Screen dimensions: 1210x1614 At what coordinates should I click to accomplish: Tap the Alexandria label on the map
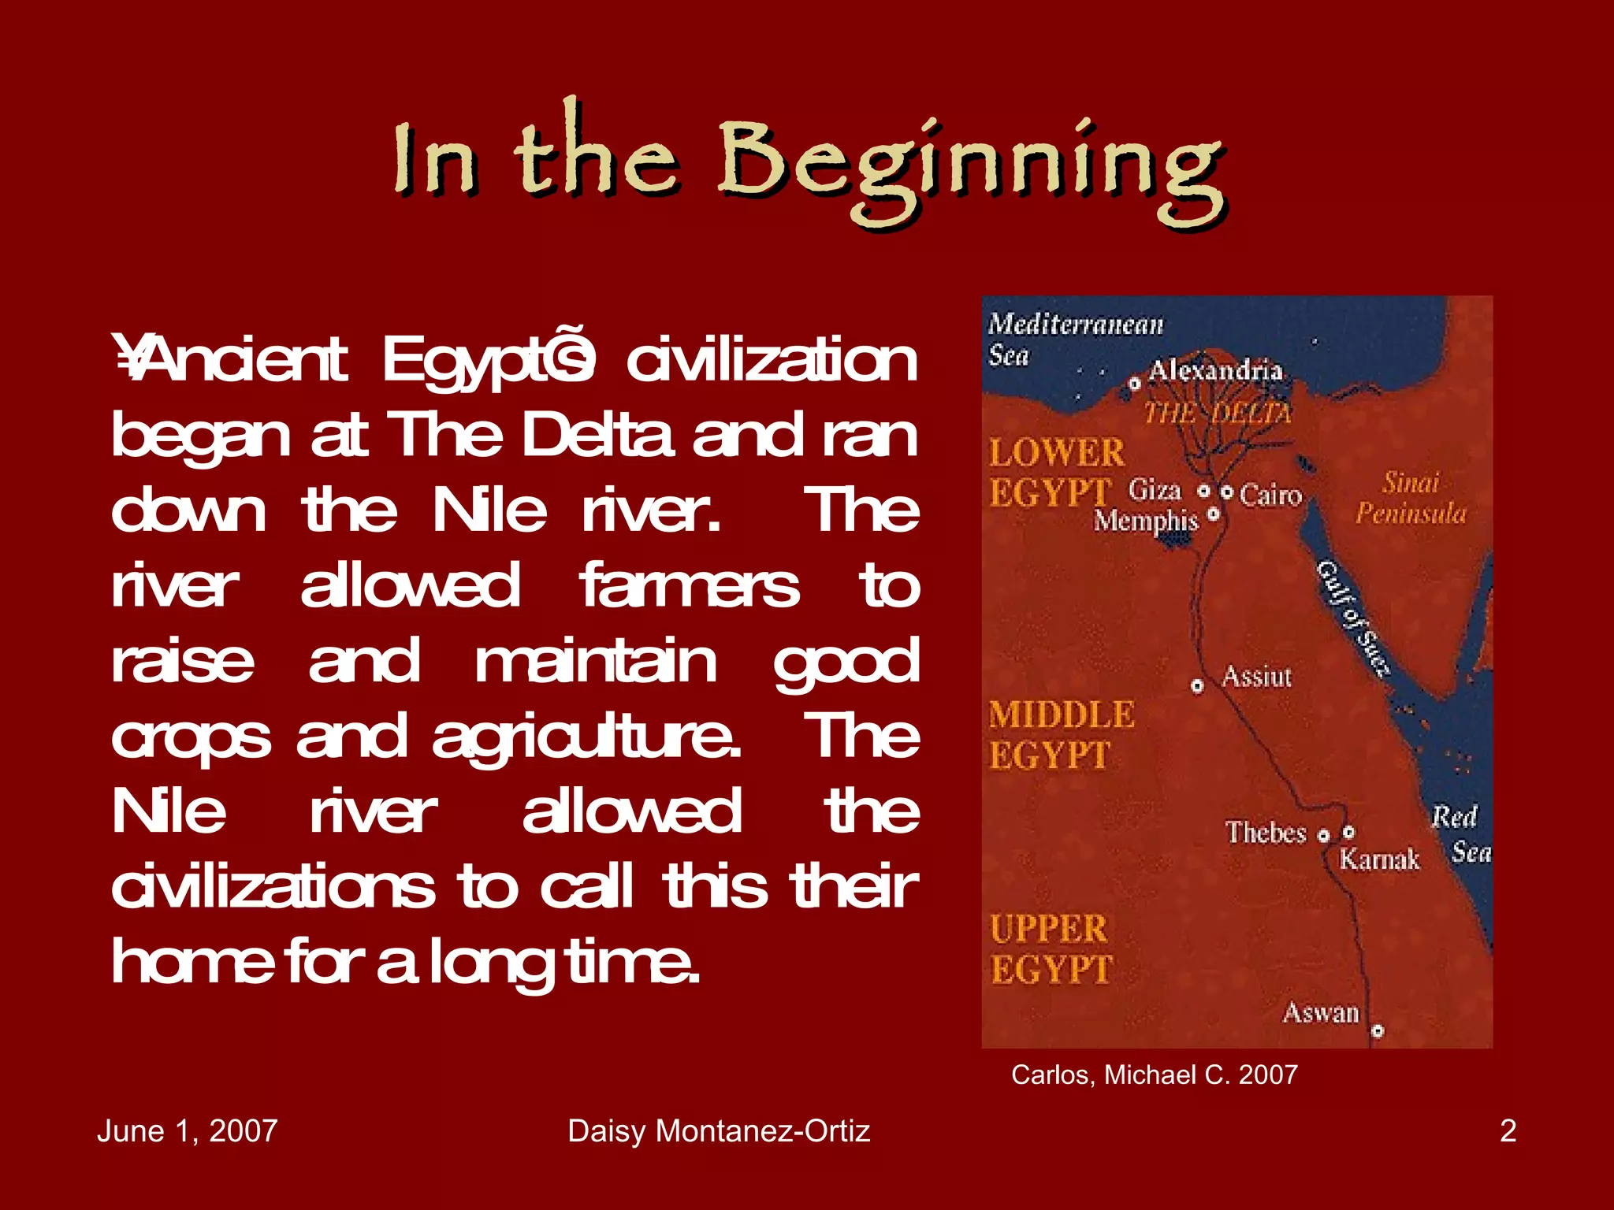coord(1215,370)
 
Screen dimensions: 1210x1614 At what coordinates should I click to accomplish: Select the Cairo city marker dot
coord(1227,492)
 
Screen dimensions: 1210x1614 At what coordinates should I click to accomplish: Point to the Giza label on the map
coord(1155,490)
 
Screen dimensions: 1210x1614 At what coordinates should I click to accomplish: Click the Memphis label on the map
coord(1145,521)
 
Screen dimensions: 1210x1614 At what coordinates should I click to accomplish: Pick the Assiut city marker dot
coord(1197,686)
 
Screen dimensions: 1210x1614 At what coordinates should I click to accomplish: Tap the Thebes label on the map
coord(1266,833)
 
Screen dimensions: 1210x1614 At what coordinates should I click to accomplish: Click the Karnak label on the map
coord(1379,859)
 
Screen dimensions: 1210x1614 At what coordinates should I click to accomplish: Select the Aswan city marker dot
coord(1377,1030)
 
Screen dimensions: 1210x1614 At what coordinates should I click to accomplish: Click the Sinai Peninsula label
coord(1411,498)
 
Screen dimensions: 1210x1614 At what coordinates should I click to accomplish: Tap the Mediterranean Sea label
coord(1075,339)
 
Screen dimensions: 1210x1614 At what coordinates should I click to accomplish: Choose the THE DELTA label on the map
coord(1218,413)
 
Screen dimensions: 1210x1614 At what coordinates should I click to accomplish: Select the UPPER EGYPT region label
coord(1051,949)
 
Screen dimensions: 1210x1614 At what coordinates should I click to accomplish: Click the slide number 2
coord(1508,1131)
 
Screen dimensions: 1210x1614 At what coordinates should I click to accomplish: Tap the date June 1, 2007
coord(187,1131)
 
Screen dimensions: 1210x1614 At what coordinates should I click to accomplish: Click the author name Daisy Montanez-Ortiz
coord(719,1131)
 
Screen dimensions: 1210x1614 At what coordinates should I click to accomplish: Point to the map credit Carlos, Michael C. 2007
coord(1154,1075)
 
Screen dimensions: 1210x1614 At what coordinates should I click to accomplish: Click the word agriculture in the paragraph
coord(586,737)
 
